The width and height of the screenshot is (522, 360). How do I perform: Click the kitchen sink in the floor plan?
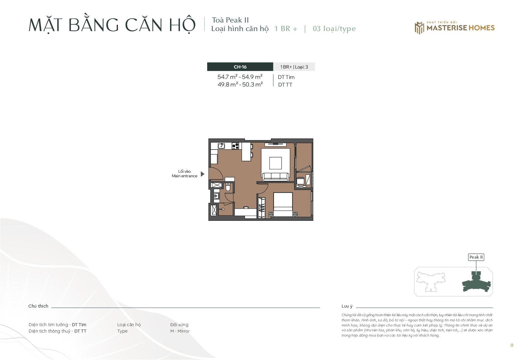click(221, 146)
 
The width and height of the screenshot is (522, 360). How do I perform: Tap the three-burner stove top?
click(235, 146)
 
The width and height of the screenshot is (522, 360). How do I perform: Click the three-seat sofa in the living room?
click(276, 177)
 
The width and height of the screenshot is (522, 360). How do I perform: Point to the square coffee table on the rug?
click(275, 163)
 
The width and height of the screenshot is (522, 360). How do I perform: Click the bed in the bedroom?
click(283, 205)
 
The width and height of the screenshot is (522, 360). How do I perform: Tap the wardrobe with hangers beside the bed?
click(261, 208)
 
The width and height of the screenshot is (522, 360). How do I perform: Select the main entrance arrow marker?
click(203, 174)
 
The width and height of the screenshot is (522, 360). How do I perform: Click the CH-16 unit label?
click(240, 67)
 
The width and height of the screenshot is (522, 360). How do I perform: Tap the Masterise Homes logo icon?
click(419, 28)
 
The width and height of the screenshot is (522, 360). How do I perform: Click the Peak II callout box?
click(476, 257)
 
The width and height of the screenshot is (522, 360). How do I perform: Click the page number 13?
click(512, 345)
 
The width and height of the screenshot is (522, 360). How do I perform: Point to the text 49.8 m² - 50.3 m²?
click(240, 84)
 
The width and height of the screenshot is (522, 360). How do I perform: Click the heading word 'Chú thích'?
click(38, 306)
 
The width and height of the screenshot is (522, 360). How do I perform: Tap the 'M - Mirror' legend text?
click(180, 331)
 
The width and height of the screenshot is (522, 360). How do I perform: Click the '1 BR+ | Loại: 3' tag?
click(294, 67)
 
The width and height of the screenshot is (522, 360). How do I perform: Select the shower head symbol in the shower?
click(223, 209)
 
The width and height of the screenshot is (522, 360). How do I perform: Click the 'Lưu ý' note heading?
click(347, 306)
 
